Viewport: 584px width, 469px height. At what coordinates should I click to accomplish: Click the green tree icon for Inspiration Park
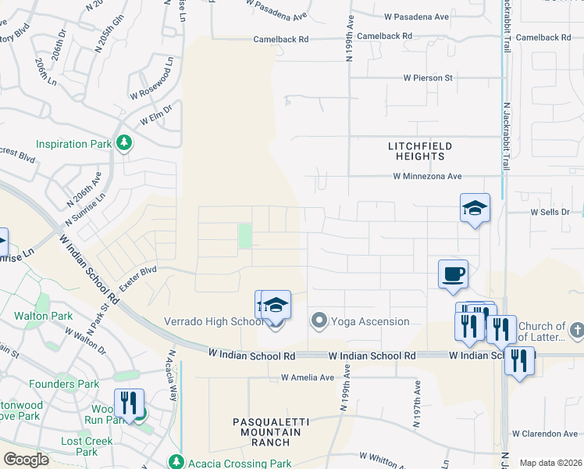(123, 143)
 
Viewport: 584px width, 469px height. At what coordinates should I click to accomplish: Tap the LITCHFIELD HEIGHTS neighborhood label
(421, 151)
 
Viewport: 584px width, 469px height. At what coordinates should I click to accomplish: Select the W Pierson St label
(428, 78)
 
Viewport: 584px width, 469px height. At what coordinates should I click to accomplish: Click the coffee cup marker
(453, 274)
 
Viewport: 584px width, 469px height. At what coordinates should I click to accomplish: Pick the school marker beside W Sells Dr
(475, 208)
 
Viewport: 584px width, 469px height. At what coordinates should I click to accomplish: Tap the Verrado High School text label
(213, 321)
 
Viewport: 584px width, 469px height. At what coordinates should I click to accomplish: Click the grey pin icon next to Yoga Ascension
(319, 320)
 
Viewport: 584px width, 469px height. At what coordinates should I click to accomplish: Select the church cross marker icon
(576, 330)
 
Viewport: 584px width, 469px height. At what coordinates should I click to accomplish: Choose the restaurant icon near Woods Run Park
(129, 403)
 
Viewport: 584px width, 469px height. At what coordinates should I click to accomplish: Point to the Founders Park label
(64, 384)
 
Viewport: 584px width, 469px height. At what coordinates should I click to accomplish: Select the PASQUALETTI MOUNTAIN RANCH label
(271, 431)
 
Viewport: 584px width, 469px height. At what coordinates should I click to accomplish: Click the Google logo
(26, 460)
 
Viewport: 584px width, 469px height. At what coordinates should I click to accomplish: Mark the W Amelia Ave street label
(308, 378)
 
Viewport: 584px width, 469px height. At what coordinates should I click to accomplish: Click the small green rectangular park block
(245, 235)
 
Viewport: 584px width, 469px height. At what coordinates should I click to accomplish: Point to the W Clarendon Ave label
(545, 433)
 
